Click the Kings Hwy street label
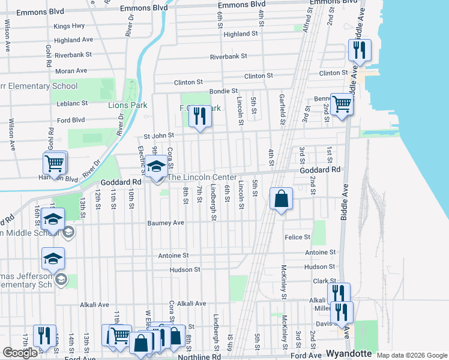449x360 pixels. pos(69,26)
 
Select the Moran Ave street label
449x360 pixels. pos(71,71)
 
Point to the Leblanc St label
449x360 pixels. pos(72,103)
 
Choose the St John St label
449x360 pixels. pos(158,136)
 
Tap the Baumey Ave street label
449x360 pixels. pos(166,223)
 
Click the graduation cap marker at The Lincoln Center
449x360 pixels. pos(156,166)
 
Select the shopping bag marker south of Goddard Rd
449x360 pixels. pos(281,199)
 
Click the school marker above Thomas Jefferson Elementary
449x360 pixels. pos(53,259)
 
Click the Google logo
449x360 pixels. pos(20,353)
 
